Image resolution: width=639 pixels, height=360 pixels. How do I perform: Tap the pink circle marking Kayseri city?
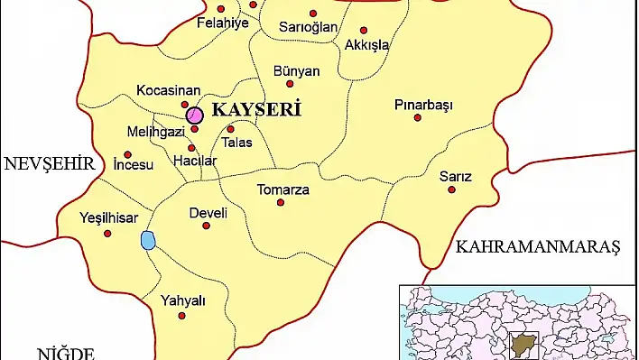pyautogui.click(x=194, y=115)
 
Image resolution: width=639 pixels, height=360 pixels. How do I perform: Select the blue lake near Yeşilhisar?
pyautogui.click(x=148, y=240)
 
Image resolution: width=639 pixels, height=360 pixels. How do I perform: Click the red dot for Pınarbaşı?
pyautogui.click(x=417, y=117)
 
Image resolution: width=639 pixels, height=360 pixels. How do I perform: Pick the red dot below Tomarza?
pyautogui.click(x=281, y=203)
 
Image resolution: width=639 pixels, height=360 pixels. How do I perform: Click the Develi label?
pyautogui.click(x=208, y=214)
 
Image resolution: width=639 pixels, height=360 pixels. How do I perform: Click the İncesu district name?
pyautogui.click(x=134, y=165)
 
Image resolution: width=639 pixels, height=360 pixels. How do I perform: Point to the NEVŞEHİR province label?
pyautogui.click(x=49, y=164)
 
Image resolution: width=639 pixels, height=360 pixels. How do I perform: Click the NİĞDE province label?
pyautogui.click(x=65, y=352)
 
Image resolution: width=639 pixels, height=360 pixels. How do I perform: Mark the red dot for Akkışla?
pyautogui.click(x=364, y=30)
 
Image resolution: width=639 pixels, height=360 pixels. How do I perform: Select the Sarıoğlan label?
pyautogui.click(x=309, y=27)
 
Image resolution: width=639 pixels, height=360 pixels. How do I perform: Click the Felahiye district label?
pyautogui.click(x=222, y=23)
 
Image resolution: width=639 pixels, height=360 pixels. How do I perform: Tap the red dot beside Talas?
pyautogui.click(x=230, y=129)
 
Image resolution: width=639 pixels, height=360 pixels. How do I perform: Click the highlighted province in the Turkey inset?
pyautogui.click(x=522, y=344)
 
